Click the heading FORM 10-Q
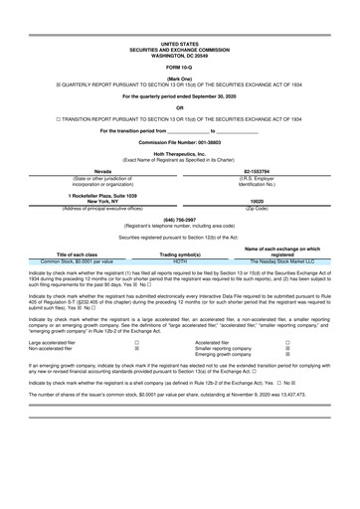click(x=180, y=66)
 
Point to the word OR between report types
click(x=179, y=107)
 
